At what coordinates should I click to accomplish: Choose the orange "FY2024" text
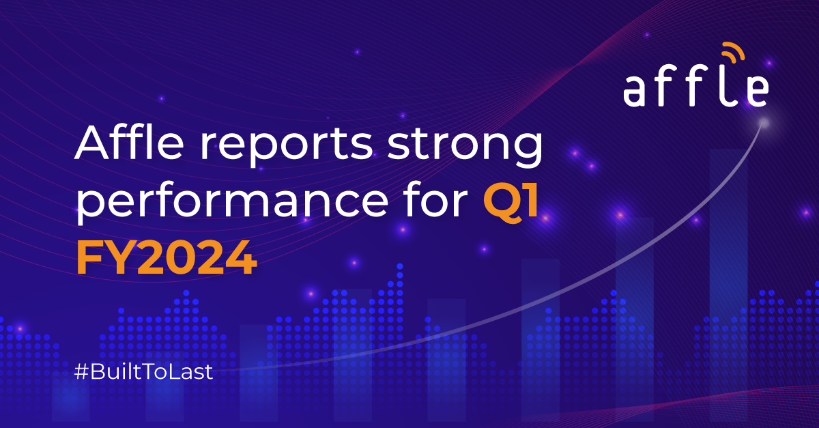[167, 257]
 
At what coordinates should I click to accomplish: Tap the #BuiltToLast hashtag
[143, 372]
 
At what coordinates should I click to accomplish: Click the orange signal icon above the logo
[733, 52]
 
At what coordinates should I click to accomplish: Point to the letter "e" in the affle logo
[757, 91]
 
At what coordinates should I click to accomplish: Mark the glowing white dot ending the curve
[764, 124]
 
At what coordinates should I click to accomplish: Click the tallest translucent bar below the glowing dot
[729, 285]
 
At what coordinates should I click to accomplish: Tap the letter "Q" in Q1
[501, 202]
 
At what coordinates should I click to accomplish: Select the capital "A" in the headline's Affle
[91, 142]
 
